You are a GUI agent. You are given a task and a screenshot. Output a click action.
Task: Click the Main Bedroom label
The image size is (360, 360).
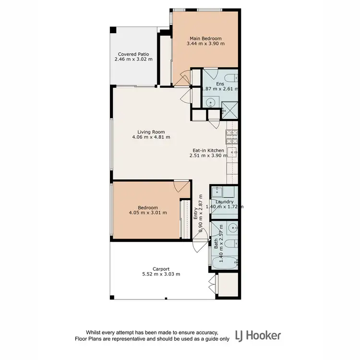[205, 38]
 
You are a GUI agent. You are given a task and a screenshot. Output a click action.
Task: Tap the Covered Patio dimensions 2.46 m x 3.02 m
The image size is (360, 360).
[133, 60]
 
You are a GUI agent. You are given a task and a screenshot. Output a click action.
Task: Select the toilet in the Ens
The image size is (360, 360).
[229, 78]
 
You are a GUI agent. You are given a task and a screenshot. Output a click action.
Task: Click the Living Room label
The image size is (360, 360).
[151, 132]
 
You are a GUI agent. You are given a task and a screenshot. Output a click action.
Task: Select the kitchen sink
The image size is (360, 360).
[234, 153]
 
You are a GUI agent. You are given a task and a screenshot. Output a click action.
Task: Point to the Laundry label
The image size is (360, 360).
[224, 202]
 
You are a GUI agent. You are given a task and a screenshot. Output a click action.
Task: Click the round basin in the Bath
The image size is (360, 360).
[232, 228]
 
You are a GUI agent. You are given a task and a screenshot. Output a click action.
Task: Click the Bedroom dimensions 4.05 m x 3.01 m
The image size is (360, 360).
[148, 213]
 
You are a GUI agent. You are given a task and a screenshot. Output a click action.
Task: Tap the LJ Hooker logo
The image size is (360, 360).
[257, 335]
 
